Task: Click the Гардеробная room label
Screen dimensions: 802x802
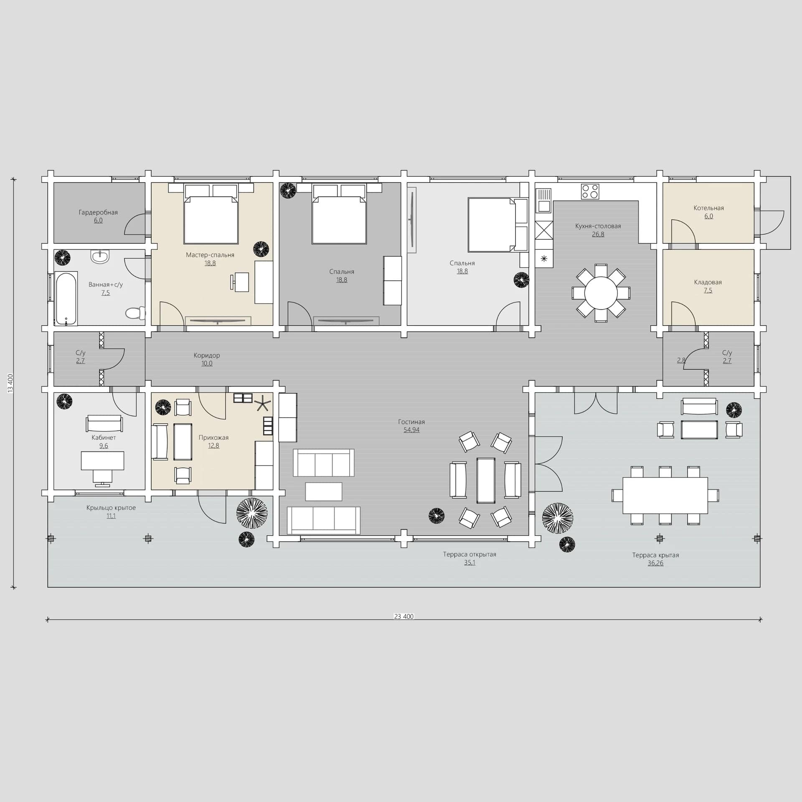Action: [98, 212]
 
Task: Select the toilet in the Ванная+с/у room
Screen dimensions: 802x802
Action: [135, 312]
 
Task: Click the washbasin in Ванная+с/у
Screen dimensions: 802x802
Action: [100, 257]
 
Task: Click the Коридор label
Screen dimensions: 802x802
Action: [207, 355]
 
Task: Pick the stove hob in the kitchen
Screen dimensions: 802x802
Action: [590, 192]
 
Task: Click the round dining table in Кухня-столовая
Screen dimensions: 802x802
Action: [601, 292]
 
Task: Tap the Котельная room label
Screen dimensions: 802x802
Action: [709, 208]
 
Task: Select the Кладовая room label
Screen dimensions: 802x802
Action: [708, 282]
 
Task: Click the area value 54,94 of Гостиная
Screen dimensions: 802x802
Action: [411, 430]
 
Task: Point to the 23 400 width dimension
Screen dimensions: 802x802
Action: [404, 616]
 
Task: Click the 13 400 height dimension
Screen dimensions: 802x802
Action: [11, 383]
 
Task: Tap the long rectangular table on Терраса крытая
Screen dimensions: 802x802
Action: [665, 495]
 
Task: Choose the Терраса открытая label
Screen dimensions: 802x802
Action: [470, 554]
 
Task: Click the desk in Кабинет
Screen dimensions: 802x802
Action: [102, 461]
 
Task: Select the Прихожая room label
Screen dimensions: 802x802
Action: [213, 438]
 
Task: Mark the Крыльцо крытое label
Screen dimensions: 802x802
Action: [111, 508]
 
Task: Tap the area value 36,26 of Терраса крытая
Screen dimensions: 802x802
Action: [655, 563]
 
